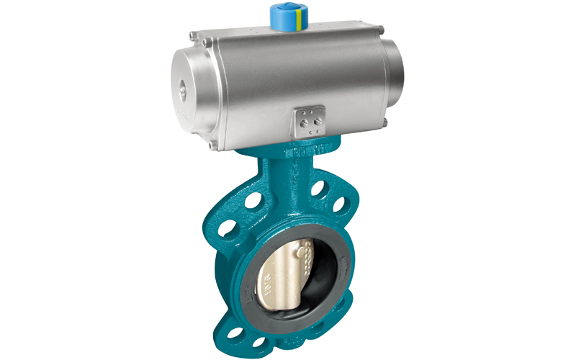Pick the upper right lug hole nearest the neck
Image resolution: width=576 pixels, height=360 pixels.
pos(318,189)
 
